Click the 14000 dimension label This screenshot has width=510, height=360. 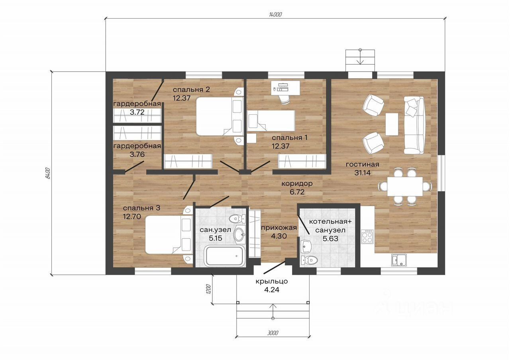[275, 15]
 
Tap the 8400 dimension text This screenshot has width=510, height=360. [47, 173]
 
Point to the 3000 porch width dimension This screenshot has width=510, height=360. [273, 333]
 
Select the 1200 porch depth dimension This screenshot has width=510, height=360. [209, 289]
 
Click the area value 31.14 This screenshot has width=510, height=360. [362, 173]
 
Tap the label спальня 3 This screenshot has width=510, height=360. [141, 208]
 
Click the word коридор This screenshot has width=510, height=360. [297, 184]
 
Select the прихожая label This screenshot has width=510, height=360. [279, 227]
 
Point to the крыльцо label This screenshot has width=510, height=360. [272, 282]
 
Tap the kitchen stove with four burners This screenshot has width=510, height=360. [367, 237]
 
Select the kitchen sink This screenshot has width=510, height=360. [399, 260]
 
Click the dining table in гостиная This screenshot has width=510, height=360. [405, 186]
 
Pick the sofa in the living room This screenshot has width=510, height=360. [414, 125]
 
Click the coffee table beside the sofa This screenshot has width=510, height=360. [392, 124]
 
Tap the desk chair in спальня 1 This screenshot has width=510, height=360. [284, 99]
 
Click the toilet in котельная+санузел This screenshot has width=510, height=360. [309, 260]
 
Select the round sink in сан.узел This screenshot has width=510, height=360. [240, 234]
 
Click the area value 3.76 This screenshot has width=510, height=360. [137, 154]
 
